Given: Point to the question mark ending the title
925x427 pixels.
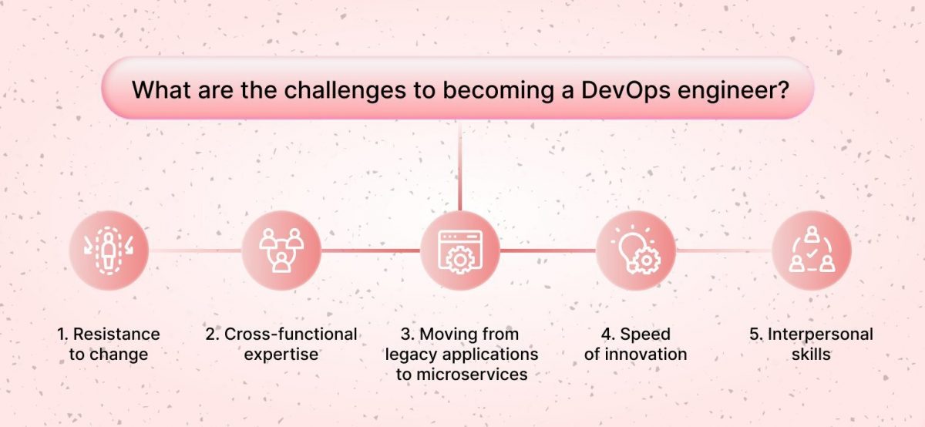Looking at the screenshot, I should pos(782,89).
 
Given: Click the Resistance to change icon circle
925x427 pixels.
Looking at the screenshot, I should pos(109,250).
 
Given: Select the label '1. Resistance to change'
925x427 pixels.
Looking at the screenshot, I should pos(109,345).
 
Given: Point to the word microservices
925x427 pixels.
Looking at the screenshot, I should pos(471,375).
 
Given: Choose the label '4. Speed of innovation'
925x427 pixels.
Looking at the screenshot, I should pos(636,345).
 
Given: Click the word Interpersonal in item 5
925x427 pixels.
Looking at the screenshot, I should pos(819,335).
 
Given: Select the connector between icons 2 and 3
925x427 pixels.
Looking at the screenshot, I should pos(371,250).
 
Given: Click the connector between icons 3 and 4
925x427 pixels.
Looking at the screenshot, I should pos(548,250).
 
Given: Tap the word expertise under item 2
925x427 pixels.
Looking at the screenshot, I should pos(281,355).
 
